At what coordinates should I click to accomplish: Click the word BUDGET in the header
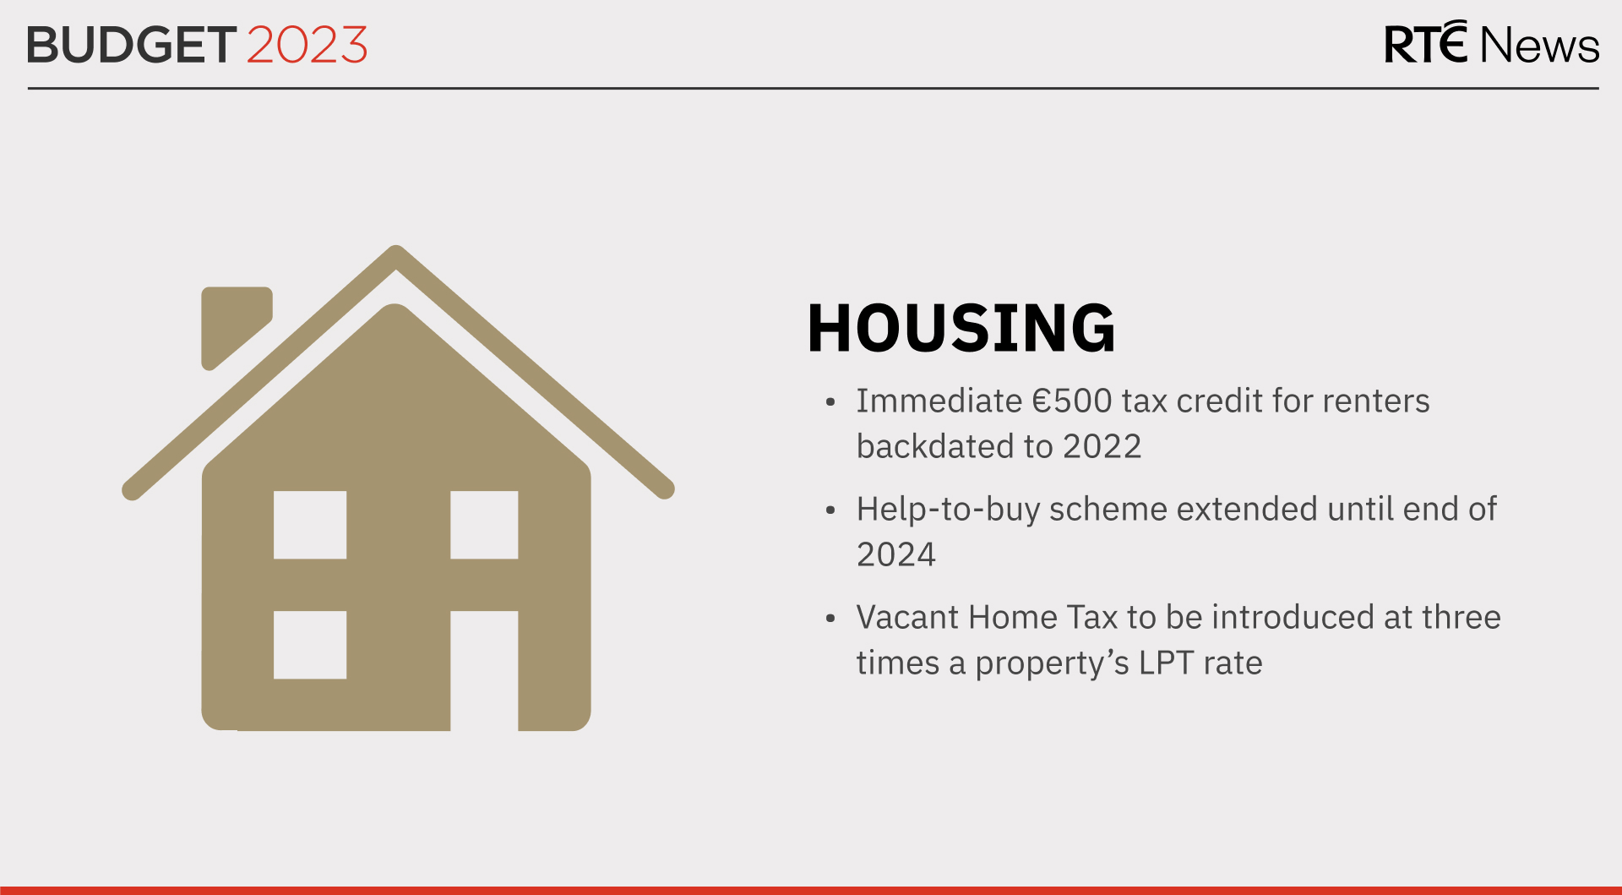click(x=131, y=45)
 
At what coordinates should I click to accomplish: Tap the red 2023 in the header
click(x=308, y=45)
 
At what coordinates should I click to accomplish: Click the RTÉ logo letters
click(x=1425, y=44)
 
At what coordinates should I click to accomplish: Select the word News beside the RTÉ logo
click(x=1539, y=46)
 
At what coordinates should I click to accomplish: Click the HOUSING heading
click(x=961, y=328)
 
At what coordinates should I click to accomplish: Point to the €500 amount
click(x=1071, y=401)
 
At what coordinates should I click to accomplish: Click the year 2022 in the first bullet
click(x=1102, y=447)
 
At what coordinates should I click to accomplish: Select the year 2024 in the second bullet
click(x=896, y=555)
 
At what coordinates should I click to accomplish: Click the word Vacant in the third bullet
click(x=907, y=618)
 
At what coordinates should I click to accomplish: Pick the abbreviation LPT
click(x=1166, y=663)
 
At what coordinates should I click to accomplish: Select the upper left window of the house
click(x=310, y=525)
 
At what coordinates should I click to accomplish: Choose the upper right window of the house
click(x=484, y=525)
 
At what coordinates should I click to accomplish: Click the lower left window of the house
click(x=310, y=645)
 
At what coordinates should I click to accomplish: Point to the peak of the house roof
click(x=395, y=254)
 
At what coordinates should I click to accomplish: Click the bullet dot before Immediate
click(x=830, y=402)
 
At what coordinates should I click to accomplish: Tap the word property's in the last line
click(x=1052, y=663)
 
